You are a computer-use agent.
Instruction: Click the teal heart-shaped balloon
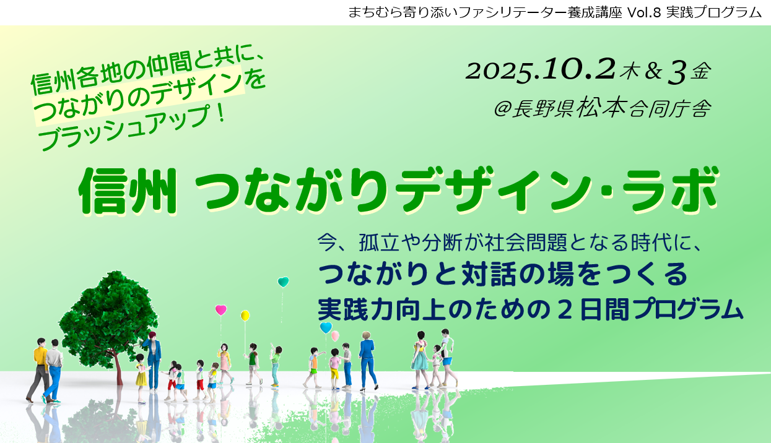pos(283,282)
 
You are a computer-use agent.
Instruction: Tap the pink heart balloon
pos(221,310)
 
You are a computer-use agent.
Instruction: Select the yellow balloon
pos(245,316)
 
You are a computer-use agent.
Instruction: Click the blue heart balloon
pos(326,327)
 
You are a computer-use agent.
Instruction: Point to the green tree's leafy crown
pos(108,318)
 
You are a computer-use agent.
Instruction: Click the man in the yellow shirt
pos(40,370)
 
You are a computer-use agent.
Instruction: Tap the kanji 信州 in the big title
pos(128,191)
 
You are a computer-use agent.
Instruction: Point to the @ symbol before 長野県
pos(502,110)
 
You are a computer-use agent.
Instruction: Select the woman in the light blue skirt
pos(420,359)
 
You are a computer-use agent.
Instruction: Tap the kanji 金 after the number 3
pos(701,72)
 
